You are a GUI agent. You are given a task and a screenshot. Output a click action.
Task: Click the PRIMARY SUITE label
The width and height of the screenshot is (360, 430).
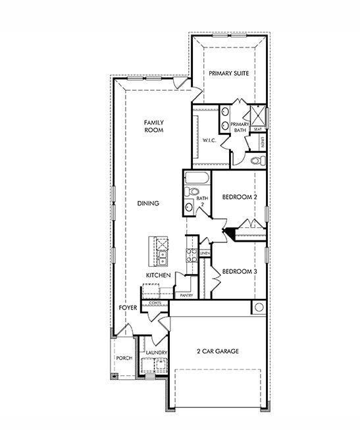pos(228,74)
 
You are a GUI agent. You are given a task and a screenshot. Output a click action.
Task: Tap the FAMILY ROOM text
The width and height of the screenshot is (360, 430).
pos(153,126)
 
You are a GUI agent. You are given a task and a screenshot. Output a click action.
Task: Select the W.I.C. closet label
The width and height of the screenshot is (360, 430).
pos(210,140)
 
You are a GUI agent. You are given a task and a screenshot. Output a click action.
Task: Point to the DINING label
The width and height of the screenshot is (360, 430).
pos(148,203)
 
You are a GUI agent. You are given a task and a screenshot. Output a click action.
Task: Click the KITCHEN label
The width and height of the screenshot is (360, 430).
pos(159,275)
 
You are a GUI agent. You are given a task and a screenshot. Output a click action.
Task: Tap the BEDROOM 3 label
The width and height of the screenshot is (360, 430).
pos(239,271)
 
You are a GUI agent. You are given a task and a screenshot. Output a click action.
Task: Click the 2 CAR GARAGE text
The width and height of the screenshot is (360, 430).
pos(217,352)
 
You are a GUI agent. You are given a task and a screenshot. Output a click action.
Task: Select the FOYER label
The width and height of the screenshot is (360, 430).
pos(128,308)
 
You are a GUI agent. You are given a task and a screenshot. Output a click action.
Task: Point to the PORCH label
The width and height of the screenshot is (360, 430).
pos(124,358)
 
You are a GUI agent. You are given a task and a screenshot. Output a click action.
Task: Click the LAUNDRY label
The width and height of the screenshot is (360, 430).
pos(156,353)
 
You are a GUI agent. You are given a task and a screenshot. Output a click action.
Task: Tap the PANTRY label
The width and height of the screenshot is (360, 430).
pos(186,296)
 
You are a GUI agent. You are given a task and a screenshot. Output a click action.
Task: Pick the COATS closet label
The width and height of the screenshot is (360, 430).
pos(155,303)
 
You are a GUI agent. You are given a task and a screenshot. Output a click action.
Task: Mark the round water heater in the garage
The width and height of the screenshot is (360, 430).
pos(259,308)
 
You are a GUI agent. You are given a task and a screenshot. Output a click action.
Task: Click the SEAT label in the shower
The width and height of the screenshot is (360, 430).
pos(257,130)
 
